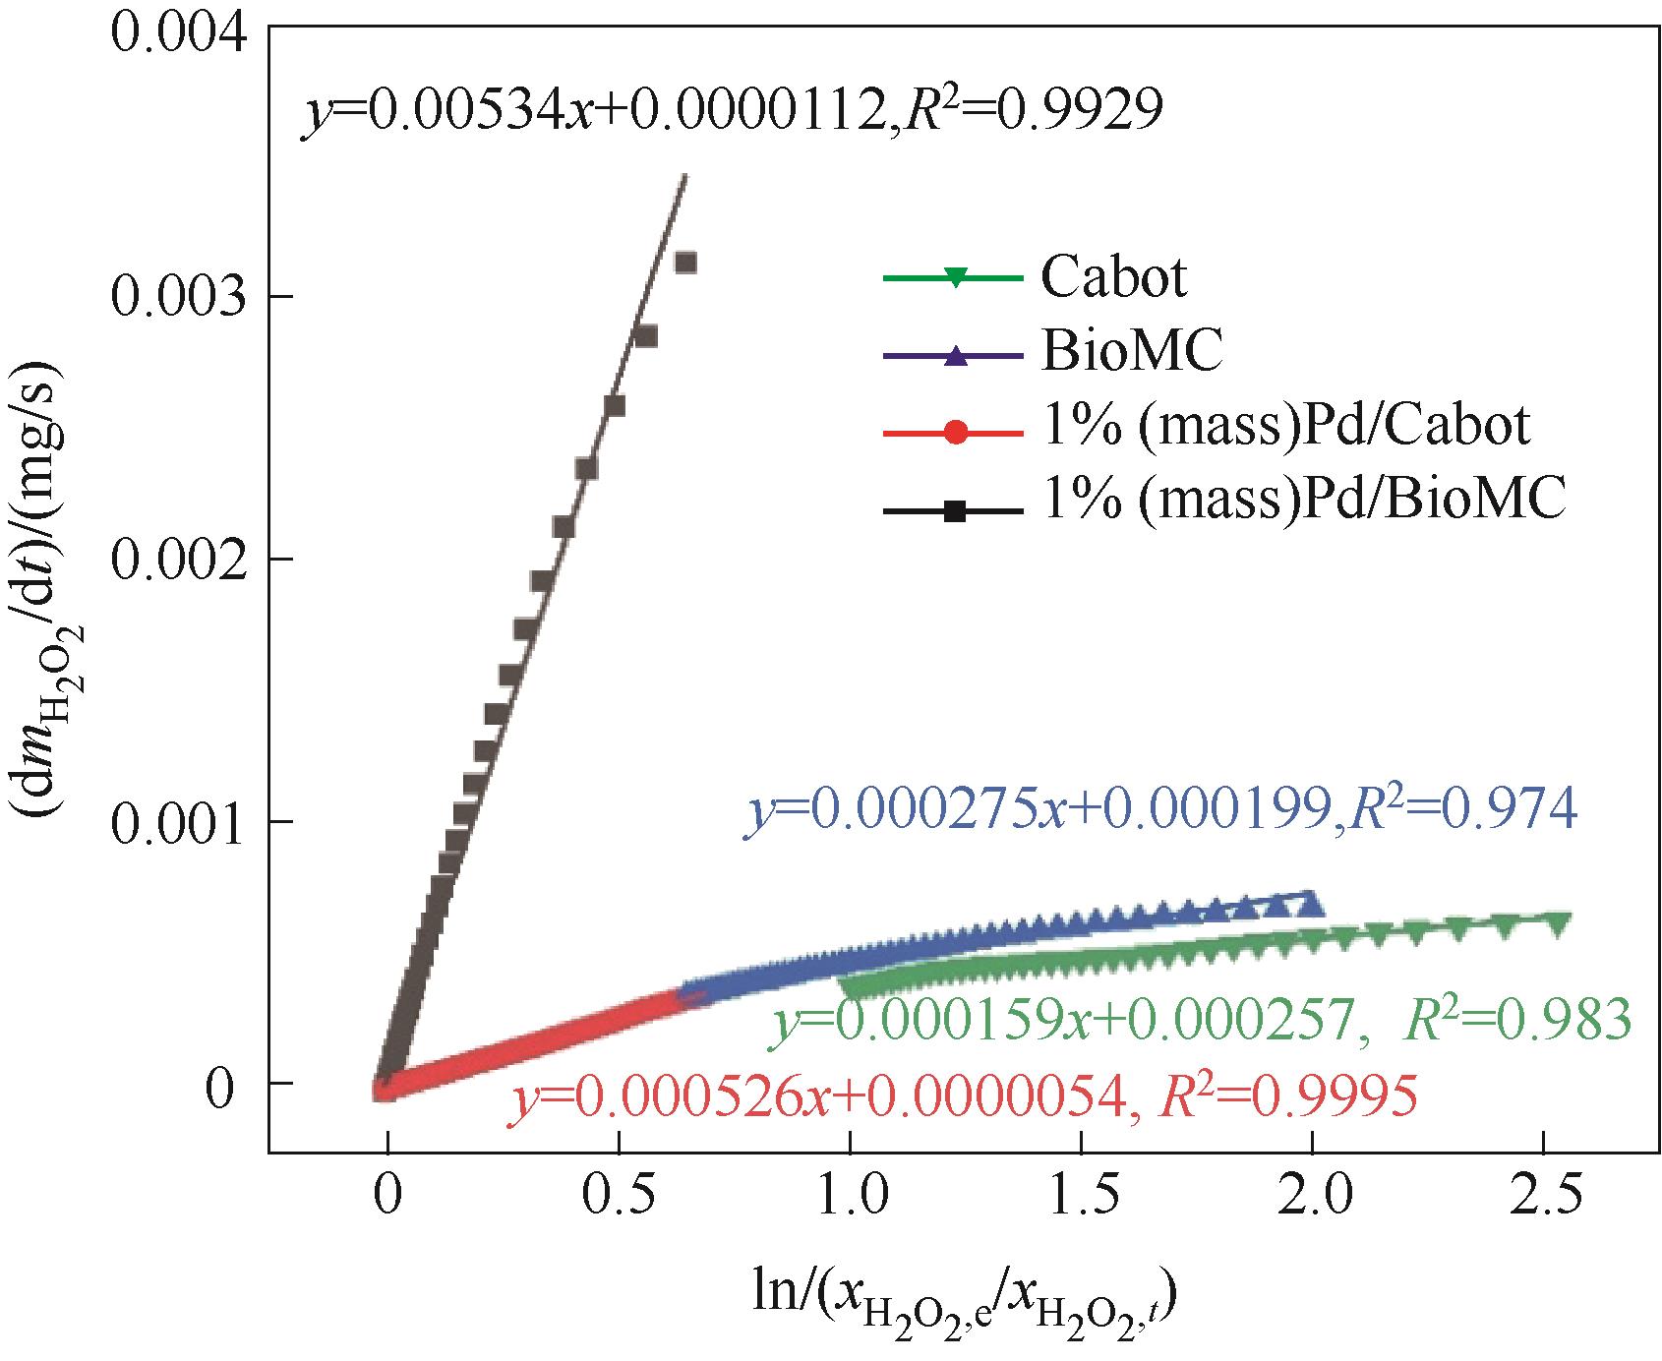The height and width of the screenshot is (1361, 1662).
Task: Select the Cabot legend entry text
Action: pyautogui.click(x=1113, y=278)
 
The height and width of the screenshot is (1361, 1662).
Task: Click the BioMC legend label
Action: pyautogui.click(x=1131, y=352)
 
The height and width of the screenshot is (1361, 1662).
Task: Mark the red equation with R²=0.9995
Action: pyautogui.click(x=964, y=1094)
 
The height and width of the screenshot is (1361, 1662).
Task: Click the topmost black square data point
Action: pyautogui.click(x=685, y=263)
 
